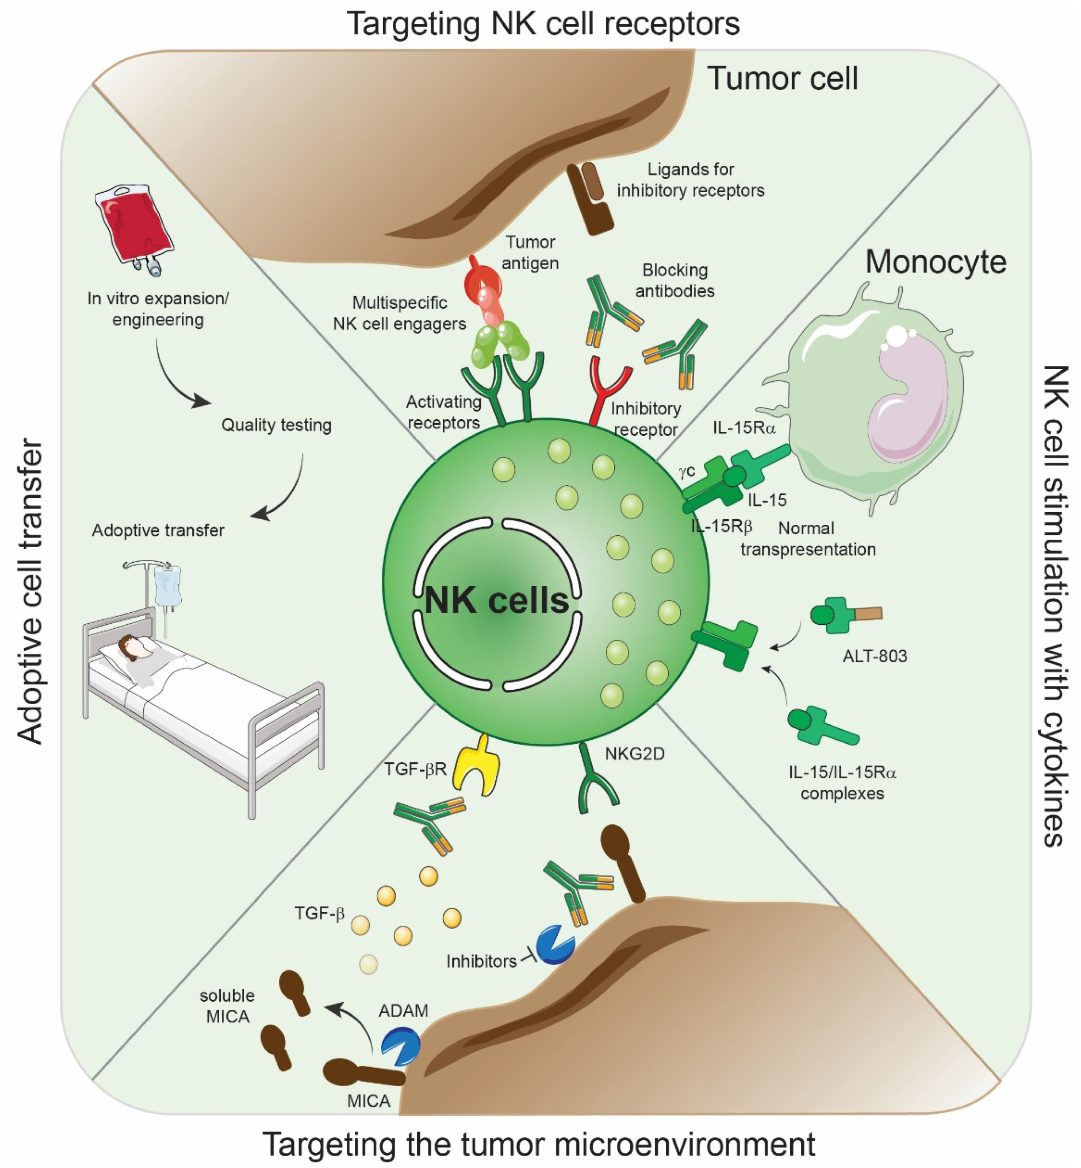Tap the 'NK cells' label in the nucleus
tap(497, 600)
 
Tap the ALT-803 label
tap(875, 656)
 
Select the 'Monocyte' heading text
tap(935, 262)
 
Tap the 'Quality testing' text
tap(276, 425)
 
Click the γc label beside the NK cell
tap(687, 471)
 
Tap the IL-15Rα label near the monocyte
tap(744, 428)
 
